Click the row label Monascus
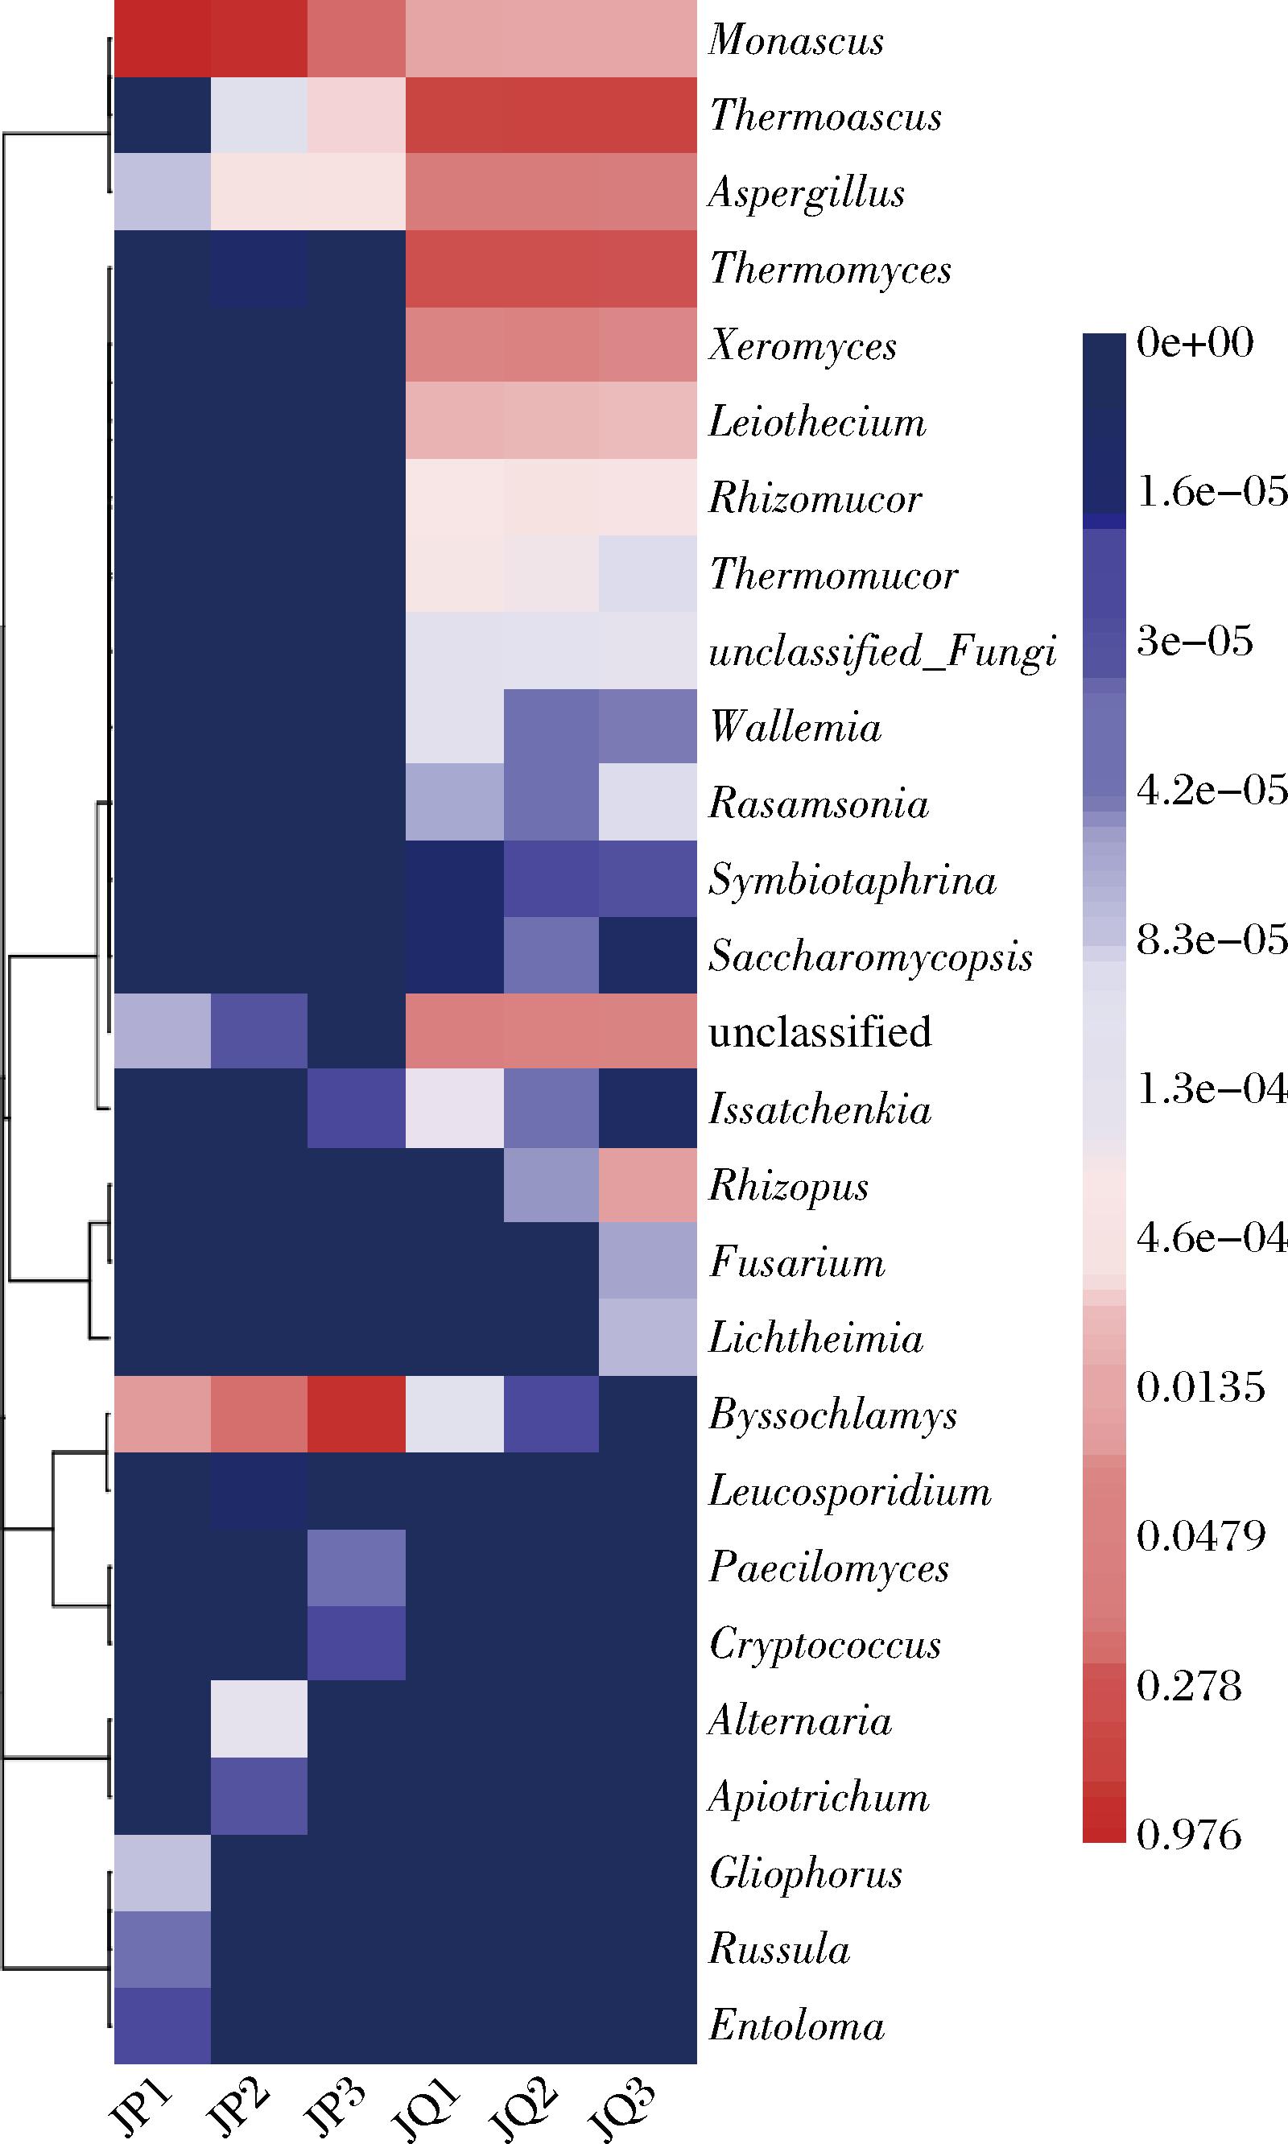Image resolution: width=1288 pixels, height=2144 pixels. (x=796, y=40)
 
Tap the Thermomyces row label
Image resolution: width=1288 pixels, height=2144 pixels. (x=831, y=269)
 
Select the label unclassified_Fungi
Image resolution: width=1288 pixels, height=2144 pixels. (x=882, y=651)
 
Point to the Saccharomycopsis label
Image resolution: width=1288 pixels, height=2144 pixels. (x=870, y=956)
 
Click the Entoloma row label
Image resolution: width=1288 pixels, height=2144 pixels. (x=797, y=2026)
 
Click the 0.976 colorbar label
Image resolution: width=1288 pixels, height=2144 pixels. (x=1189, y=1835)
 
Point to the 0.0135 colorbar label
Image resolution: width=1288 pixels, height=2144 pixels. (x=1201, y=1387)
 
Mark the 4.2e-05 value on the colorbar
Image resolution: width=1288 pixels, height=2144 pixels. (x=1212, y=790)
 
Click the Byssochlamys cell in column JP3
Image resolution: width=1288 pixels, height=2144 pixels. (x=357, y=1414)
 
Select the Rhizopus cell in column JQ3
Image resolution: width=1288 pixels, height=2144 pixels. (x=647, y=1185)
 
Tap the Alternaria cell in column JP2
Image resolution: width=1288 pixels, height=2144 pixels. (x=259, y=1720)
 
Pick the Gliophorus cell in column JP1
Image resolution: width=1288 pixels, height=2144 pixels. (x=163, y=1873)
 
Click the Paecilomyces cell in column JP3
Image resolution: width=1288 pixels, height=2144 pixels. (x=357, y=1567)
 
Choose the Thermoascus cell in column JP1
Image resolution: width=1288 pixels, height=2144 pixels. (x=163, y=115)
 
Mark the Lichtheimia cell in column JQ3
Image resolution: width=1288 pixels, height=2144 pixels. (x=647, y=1337)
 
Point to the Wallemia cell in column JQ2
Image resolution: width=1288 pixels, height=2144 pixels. (x=551, y=726)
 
